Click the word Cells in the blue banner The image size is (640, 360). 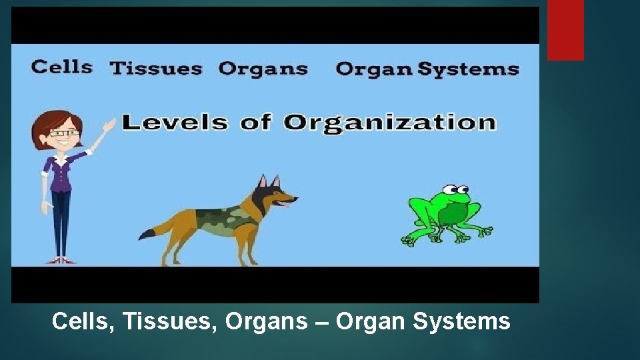coord(61,67)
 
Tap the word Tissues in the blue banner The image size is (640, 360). coord(156,69)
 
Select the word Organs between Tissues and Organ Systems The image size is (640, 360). coord(263,69)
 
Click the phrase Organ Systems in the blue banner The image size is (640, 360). coord(427,69)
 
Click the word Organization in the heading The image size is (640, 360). coord(390,123)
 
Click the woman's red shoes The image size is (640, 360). coord(61,260)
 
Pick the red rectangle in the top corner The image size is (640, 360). coord(565,30)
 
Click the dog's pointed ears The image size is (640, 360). coord(268,181)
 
